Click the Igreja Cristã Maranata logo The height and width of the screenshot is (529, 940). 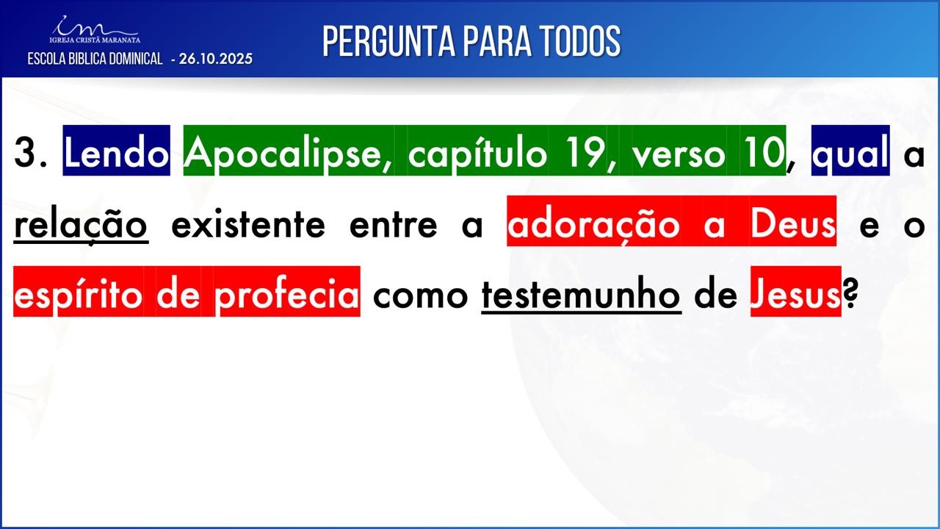click(x=95, y=29)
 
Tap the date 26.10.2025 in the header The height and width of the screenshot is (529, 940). click(x=216, y=59)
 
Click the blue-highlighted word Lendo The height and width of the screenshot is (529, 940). click(x=116, y=151)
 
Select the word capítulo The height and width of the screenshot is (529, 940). click(x=477, y=151)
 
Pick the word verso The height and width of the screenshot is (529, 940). click(x=679, y=151)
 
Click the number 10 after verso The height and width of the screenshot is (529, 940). click(x=762, y=151)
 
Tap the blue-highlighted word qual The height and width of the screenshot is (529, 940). click(x=850, y=151)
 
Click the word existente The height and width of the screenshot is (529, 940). click(x=248, y=225)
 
